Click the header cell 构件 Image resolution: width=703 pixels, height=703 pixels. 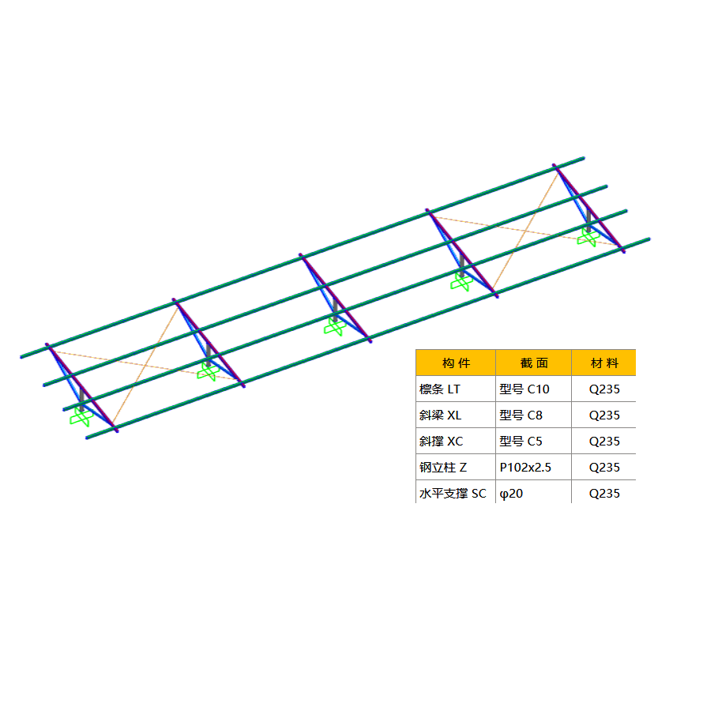coord(456,363)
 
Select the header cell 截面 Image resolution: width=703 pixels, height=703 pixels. coord(534,363)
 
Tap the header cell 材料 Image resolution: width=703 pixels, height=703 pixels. coord(604,363)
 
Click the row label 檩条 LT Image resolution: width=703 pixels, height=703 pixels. coord(439,389)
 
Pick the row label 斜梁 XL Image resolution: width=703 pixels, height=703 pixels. coord(440,415)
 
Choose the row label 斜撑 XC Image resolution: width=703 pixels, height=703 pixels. coord(441,442)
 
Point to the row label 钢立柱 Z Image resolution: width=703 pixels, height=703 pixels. coord(443,467)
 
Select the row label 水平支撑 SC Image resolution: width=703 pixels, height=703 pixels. coord(453,493)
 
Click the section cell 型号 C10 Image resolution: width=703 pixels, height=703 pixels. coord(524,389)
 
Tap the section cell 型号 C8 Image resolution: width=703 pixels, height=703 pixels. coord(521,415)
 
